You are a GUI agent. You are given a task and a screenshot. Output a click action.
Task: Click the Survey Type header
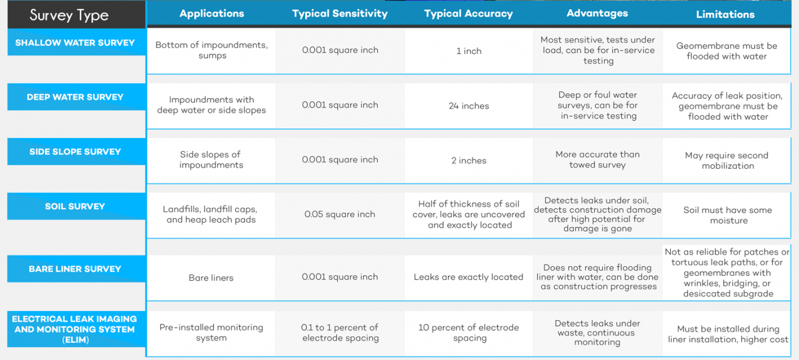(69, 15)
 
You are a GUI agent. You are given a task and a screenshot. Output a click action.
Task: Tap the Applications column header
(211, 13)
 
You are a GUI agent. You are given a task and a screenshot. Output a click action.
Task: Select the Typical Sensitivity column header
(340, 13)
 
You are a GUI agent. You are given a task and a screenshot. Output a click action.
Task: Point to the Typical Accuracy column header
(469, 13)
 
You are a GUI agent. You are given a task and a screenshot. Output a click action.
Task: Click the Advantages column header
(597, 13)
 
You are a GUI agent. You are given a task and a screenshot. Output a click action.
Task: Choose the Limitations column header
(725, 15)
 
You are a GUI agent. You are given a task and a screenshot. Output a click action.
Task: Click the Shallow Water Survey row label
(75, 43)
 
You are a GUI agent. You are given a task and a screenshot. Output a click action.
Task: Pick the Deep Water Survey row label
(75, 97)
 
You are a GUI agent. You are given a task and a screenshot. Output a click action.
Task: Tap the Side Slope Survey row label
(75, 151)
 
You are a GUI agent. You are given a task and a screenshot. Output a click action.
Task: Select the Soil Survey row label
(75, 206)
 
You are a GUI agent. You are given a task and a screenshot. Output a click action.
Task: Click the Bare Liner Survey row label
(75, 269)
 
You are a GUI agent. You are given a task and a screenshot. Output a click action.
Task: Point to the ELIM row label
(74, 329)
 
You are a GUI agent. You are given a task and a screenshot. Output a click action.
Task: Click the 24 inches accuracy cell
(469, 106)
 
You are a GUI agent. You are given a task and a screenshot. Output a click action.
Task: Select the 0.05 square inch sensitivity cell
(340, 214)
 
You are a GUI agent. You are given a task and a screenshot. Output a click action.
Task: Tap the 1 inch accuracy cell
(469, 51)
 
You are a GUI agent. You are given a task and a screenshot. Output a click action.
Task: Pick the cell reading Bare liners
(211, 278)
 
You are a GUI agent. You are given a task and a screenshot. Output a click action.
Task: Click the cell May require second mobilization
(726, 160)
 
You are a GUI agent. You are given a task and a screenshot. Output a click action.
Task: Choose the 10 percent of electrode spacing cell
(469, 333)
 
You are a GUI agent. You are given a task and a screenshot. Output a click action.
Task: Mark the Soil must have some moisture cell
(728, 215)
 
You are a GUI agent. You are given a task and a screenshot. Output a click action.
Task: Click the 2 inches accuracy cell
(469, 160)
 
